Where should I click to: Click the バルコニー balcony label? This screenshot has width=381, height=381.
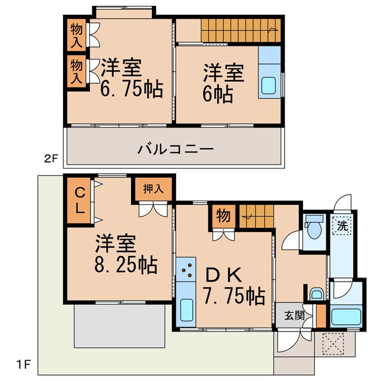(x=175, y=148)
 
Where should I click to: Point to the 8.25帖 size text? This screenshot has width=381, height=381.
(x=126, y=264)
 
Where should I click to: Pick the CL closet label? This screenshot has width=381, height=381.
(x=79, y=201)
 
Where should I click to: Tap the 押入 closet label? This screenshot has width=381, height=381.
(x=153, y=189)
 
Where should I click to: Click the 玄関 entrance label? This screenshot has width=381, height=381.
(x=290, y=315)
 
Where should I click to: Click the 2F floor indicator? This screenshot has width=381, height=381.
(x=52, y=159)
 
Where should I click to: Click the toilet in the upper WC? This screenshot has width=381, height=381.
(x=313, y=229)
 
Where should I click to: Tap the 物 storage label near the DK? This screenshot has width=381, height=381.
(x=222, y=216)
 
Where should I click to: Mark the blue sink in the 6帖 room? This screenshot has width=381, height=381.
(x=269, y=85)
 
